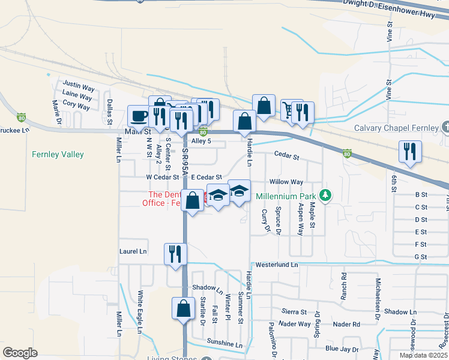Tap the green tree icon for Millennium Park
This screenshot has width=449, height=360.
click(325, 195)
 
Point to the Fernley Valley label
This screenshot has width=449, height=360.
click(58, 154)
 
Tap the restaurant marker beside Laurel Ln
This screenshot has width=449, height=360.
click(175, 253)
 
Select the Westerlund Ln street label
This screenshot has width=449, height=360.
click(276, 265)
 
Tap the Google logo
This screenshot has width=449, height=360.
click(20, 353)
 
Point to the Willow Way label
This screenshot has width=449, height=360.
click(286, 181)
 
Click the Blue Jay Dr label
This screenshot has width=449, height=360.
click(341, 349)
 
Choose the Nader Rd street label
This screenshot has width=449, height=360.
click(346, 324)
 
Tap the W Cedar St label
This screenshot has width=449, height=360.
click(162, 177)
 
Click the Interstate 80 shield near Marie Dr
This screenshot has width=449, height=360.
click(22, 116)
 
